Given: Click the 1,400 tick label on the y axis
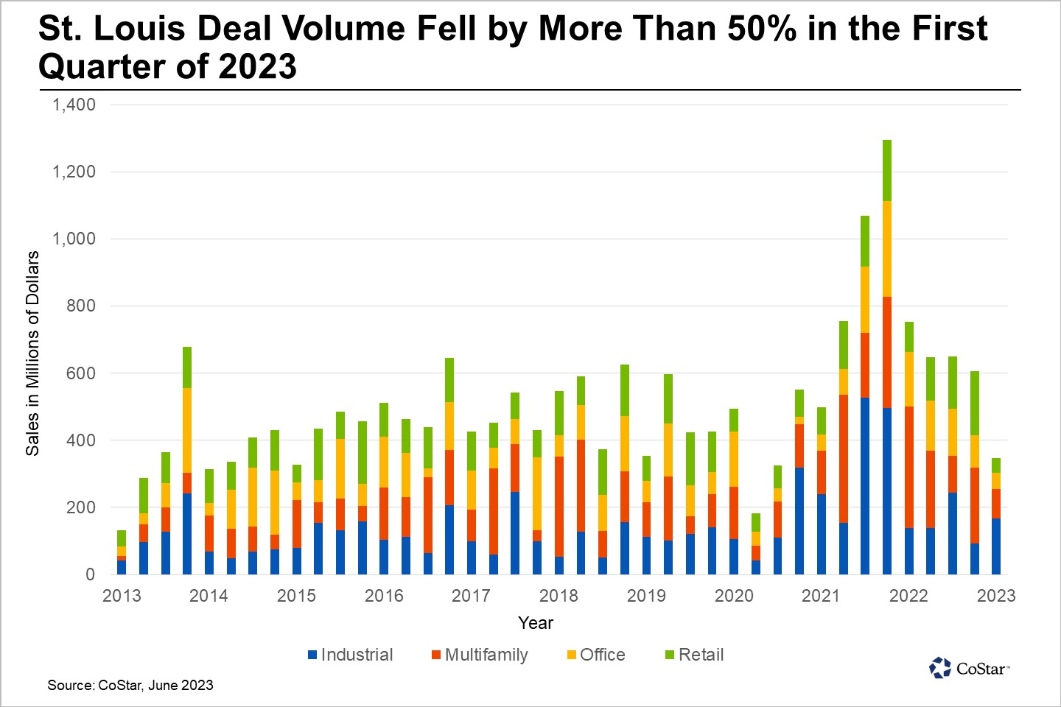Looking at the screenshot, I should (74, 105).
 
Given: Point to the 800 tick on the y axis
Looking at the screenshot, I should (80, 306).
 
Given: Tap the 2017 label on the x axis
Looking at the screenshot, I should (471, 596).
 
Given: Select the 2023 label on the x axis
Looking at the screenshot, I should (996, 596).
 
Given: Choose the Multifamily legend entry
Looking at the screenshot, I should (480, 655).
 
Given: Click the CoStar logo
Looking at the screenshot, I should (969, 668).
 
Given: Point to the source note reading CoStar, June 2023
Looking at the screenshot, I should (130, 685).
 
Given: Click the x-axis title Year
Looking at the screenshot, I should (535, 623).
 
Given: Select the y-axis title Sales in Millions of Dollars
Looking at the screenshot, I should (32, 353).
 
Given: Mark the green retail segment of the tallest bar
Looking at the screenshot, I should (887, 170).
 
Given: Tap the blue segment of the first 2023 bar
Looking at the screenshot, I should (996, 546).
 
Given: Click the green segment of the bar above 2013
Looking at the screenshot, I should (122, 538).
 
